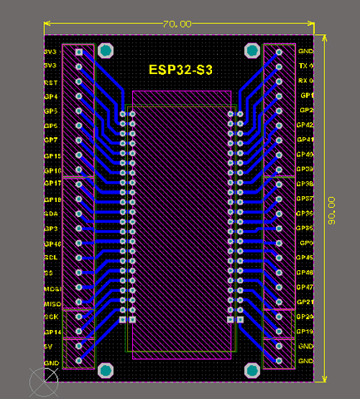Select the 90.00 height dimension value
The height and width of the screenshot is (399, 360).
coord(332,209)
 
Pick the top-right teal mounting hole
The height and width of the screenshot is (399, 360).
coord(251,51)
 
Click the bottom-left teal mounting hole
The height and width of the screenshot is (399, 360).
coord(106,370)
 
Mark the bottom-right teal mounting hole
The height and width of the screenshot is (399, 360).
coord(251,370)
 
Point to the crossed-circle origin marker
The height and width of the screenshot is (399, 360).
coord(43,382)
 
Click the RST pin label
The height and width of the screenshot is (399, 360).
coord(51,82)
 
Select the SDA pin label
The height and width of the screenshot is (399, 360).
coord(51,214)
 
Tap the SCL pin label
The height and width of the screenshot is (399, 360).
coord(51,258)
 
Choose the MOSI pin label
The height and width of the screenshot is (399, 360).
coord(52,288)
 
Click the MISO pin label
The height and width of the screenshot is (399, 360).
coord(52,303)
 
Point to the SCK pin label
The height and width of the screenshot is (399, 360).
coord(52,317)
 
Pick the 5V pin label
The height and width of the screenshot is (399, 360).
coord(48,346)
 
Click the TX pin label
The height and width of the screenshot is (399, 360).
coord(304,66)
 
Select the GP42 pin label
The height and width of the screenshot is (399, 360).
coord(305,125)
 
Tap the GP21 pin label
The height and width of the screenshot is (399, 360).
coord(305,302)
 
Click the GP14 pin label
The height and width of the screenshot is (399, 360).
coord(52,332)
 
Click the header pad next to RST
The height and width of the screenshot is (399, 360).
coord(80,81)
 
